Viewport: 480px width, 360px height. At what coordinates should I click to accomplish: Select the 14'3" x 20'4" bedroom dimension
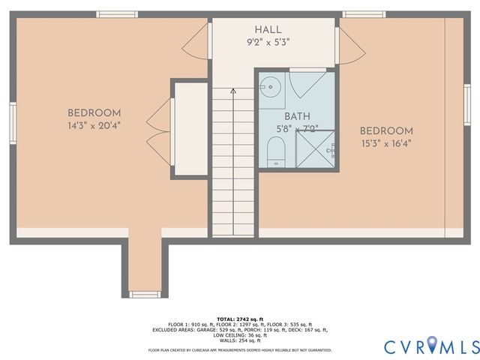94,125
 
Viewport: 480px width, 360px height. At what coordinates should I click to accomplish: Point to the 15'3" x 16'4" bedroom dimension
385,142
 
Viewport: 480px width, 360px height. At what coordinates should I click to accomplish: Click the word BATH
297,117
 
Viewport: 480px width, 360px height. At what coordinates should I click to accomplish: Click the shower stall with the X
314,148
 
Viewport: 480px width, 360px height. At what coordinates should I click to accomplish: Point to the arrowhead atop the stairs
232,91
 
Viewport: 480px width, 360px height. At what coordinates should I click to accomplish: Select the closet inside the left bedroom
190,130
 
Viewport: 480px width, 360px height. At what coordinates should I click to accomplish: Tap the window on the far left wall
13,121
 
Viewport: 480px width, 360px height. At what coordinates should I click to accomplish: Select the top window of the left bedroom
117,14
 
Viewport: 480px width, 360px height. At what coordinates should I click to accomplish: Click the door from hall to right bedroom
351,46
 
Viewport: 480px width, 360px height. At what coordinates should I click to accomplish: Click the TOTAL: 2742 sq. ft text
239,318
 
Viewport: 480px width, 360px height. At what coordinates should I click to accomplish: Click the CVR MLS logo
431,346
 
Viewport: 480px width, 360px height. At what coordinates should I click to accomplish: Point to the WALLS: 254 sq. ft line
239,339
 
